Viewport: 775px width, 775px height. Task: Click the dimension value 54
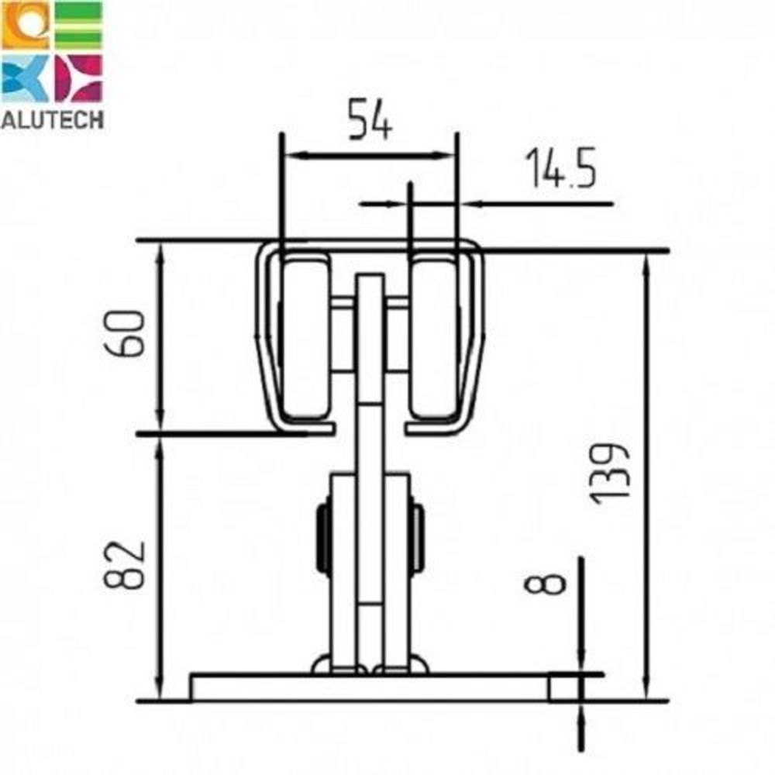tap(370, 119)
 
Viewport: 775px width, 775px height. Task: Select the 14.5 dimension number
tap(560, 168)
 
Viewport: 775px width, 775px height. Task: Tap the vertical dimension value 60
tap(125, 332)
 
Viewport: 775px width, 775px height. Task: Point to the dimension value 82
tap(125, 566)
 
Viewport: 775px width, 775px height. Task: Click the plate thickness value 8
tap(544, 584)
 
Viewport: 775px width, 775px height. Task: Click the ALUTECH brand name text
tap(53, 119)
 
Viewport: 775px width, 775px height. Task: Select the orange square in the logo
tap(25, 25)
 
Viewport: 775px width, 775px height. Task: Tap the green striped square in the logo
tap(78, 25)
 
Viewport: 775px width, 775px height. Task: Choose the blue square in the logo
tap(25, 78)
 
